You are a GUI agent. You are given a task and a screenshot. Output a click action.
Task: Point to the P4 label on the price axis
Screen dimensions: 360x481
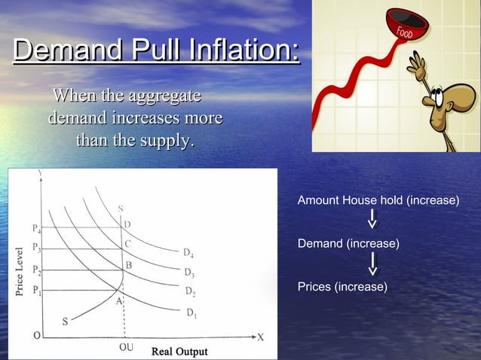pos(37,227)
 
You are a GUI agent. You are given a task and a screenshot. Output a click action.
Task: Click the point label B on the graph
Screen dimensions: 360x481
pos(129,265)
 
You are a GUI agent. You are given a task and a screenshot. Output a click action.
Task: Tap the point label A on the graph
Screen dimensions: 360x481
pos(118,301)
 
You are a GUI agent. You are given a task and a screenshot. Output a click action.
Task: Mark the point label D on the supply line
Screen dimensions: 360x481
pos(127,224)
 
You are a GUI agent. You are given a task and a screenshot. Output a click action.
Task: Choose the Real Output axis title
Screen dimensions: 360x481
pos(179,352)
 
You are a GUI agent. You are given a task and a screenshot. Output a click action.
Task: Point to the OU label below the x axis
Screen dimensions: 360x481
pos(127,349)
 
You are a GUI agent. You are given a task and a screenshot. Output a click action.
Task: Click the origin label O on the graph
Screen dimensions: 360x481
pos(36,337)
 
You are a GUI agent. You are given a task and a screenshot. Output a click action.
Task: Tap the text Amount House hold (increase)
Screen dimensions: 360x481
pos(378,201)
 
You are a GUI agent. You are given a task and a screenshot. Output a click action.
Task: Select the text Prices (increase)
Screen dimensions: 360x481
pos(342,287)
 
